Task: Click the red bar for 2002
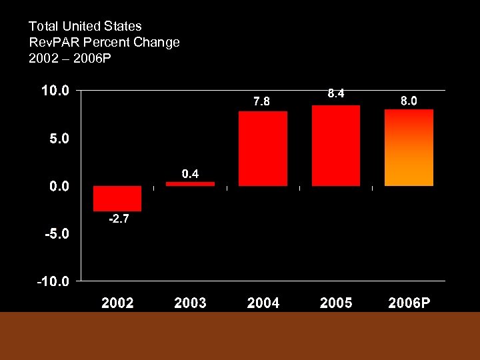(117, 199)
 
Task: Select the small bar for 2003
(190, 183)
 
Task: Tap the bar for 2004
(263, 149)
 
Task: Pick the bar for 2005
(336, 145)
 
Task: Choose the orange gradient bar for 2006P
(409, 147)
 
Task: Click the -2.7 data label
(118, 219)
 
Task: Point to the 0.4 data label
(191, 174)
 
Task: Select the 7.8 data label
(262, 102)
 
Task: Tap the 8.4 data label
(336, 94)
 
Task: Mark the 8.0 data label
(409, 101)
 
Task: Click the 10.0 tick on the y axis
(55, 91)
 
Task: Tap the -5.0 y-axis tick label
(57, 235)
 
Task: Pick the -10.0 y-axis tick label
(53, 282)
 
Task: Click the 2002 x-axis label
(117, 303)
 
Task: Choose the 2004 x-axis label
(263, 303)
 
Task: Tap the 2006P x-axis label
(409, 303)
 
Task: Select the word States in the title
(124, 26)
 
